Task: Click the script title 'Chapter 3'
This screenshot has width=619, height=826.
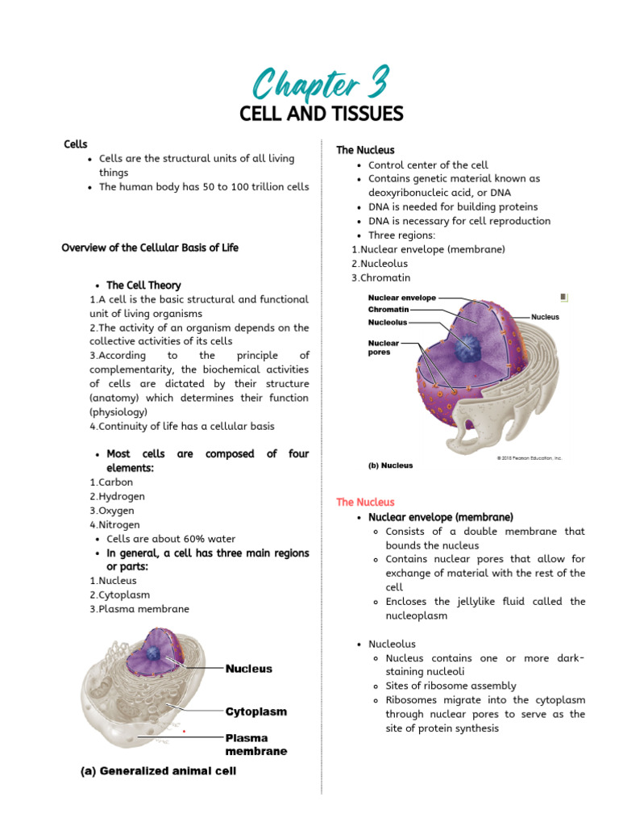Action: tap(321, 84)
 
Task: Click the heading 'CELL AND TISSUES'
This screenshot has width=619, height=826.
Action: tap(321, 114)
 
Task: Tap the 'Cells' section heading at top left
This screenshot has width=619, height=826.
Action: tap(76, 144)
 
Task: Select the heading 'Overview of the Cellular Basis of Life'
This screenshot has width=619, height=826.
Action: tap(150, 248)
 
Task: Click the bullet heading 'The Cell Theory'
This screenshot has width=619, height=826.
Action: tap(143, 286)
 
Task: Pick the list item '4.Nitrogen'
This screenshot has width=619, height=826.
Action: tap(114, 525)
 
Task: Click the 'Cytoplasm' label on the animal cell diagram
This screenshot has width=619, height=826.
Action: tap(255, 712)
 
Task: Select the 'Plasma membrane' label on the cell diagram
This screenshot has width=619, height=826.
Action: tap(255, 745)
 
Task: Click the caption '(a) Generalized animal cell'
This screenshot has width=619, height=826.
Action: tap(159, 771)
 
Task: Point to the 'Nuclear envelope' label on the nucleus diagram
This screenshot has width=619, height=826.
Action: tap(402, 298)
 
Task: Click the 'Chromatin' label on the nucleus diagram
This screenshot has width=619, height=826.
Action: tap(388, 310)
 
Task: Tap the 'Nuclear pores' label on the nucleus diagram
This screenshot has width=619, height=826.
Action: tap(384, 348)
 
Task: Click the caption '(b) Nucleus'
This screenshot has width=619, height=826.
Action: tap(391, 465)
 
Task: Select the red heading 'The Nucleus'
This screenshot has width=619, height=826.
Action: tap(365, 502)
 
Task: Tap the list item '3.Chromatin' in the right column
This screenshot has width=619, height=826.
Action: tap(380, 277)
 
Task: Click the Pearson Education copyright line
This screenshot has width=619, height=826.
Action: tap(529, 458)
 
